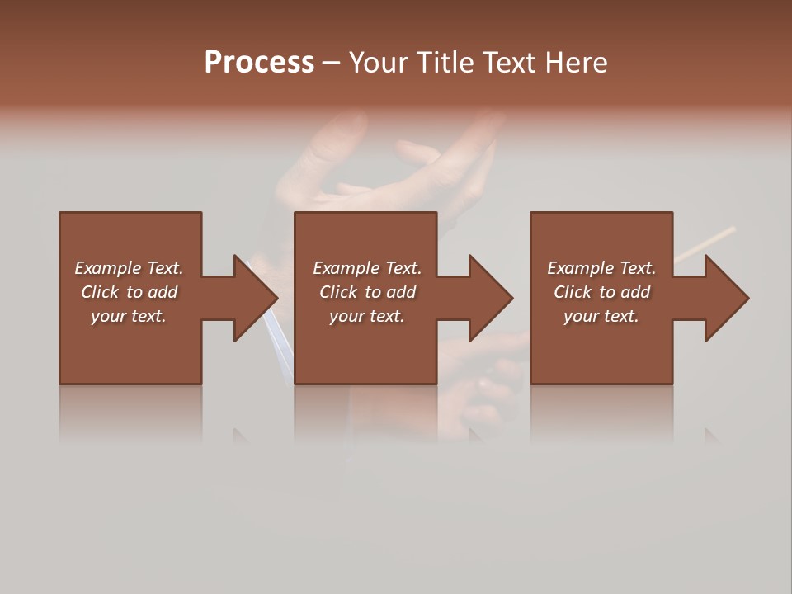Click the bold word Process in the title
(259, 63)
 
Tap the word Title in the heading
(445, 63)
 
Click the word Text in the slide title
(508, 63)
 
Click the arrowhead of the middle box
(489, 298)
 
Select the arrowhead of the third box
(725, 298)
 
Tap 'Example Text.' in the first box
(129, 268)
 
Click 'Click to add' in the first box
(129, 292)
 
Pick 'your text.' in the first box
(129, 316)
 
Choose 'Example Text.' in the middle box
(366, 268)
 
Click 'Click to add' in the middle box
(366, 292)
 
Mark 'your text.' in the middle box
(366, 316)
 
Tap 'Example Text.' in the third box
(601, 268)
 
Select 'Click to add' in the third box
(601, 292)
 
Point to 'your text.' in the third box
(601, 316)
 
